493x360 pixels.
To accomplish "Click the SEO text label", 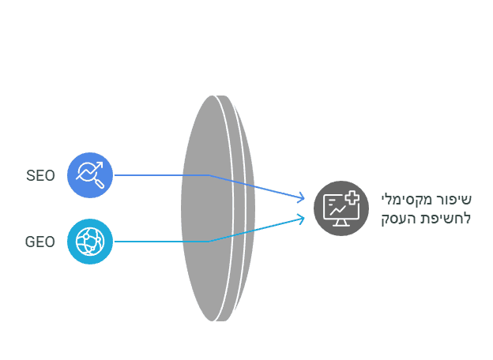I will tap(40, 175).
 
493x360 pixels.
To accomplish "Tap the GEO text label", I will tap(40, 242).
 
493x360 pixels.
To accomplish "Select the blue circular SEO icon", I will tap(90, 174).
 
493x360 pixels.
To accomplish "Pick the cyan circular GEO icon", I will tap(90, 241).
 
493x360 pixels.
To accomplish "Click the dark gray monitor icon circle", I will tap(341, 208).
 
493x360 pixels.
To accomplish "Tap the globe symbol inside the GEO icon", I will tap(89, 241).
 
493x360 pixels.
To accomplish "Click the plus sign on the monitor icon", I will tap(352, 198).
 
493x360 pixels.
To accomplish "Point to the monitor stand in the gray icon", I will tap(341, 223).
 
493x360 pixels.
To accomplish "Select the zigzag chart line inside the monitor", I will tap(338, 209).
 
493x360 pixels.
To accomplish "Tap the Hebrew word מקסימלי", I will tap(409, 199).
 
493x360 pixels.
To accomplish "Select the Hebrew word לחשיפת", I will tap(450, 218).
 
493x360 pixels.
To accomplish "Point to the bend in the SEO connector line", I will tap(209, 175).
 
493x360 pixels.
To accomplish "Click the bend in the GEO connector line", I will tap(209, 242).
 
